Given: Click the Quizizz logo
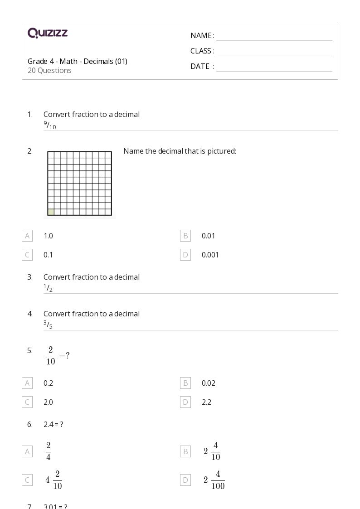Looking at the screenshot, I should tap(48, 33).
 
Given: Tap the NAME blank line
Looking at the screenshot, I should tap(274, 36).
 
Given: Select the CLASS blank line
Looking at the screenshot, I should tap(274, 52).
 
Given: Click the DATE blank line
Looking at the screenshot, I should tap(274, 67).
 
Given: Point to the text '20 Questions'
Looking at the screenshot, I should tap(49, 70).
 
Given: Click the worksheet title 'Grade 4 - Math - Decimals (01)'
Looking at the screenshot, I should tap(77, 61).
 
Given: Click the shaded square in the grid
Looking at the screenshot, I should tap(51, 212).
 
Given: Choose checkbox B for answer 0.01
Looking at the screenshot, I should tap(185, 236).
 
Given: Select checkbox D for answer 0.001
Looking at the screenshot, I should tap(185, 255).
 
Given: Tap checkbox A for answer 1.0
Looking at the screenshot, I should tap(27, 236).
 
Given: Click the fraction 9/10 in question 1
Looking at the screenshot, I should tap(49, 126).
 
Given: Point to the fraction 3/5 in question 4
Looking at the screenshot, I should tap(48, 325).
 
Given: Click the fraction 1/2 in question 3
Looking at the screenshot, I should tap(48, 288).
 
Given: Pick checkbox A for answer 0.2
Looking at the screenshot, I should tap(27, 383).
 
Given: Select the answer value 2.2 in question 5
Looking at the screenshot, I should tap(206, 402).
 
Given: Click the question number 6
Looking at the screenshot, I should tap(30, 424).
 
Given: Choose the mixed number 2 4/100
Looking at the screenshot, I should tap(214, 480).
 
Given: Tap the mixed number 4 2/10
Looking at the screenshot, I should tap(54, 480).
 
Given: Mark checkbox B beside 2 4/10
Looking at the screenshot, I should tap(185, 451).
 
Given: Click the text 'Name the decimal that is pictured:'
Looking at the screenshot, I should tap(180, 151).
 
